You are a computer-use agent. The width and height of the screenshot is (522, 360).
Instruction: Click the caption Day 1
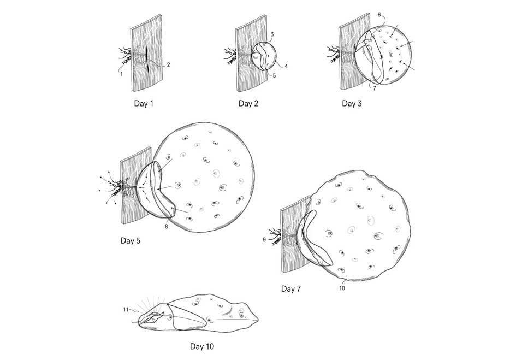tap(144, 103)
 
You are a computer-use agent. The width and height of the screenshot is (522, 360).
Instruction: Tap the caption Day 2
tap(248, 103)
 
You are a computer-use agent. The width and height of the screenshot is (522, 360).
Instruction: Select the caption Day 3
tap(352, 103)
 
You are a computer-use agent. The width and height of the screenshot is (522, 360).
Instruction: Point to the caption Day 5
tap(130, 240)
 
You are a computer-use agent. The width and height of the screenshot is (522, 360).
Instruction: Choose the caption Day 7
tap(291, 289)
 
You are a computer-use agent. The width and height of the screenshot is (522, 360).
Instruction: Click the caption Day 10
tap(201, 346)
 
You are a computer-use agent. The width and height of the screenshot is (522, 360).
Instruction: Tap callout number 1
tap(122, 74)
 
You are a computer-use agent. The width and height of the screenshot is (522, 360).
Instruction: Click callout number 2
tap(169, 64)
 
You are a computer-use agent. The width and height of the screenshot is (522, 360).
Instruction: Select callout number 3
tap(272, 34)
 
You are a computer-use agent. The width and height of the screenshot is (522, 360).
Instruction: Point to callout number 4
tap(286, 66)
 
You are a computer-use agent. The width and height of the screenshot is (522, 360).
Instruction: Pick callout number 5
tap(274, 75)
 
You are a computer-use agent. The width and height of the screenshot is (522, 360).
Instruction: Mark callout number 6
tap(379, 15)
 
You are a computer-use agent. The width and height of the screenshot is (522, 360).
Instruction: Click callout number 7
tap(375, 88)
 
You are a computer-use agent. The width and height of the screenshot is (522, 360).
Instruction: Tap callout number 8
tap(166, 227)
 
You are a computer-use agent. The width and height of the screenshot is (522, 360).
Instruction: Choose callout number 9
tap(264, 239)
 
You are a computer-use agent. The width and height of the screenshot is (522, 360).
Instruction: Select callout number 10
tap(342, 288)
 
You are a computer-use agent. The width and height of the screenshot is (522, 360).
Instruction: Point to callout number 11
tap(126, 310)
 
